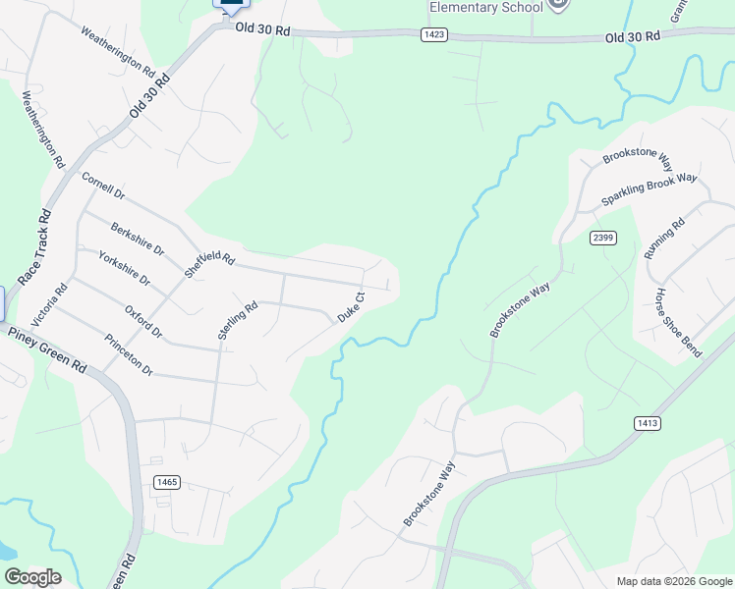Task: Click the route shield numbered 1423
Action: coord(434,34)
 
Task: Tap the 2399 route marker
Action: coord(603,238)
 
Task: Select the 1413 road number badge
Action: coord(647,423)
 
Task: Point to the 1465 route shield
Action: coord(167,481)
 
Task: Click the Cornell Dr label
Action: coord(103,187)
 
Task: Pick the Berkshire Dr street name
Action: coord(137,239)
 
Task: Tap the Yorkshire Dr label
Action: coord(125,267)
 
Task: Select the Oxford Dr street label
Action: coord(143,321)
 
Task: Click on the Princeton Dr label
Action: coord(129,355)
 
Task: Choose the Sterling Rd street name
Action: coord(238,320)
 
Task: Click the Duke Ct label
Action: coord(352,307)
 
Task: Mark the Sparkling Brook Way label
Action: coord(649,190)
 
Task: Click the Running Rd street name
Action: coord(664,240)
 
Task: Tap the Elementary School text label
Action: coord(485,8)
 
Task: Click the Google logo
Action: coord(32,577)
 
